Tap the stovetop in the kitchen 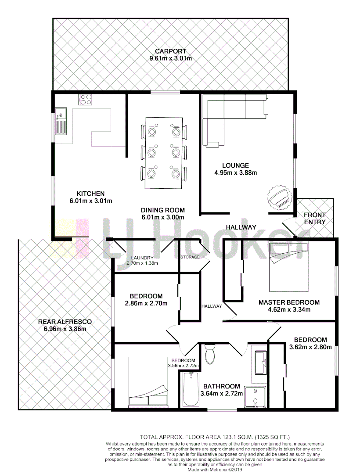click(85, 100)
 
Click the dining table click(163, 153)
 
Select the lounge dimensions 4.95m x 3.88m click(236, 172)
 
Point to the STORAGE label click(190, 257)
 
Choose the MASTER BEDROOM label click(289, 302)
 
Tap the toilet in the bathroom click(210, 354)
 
